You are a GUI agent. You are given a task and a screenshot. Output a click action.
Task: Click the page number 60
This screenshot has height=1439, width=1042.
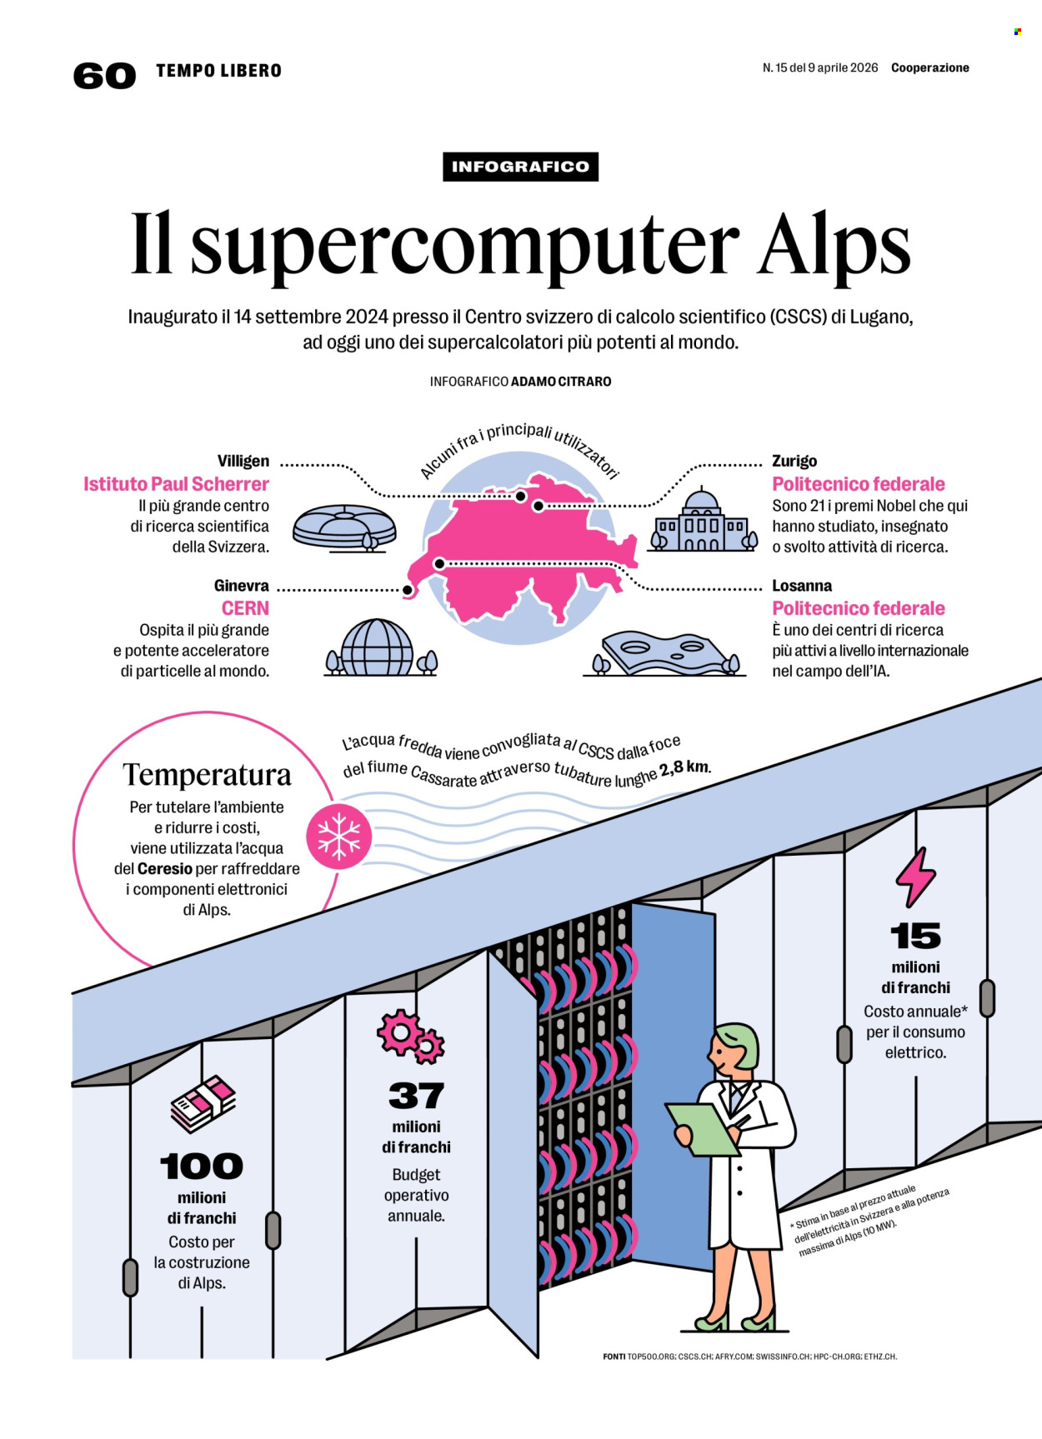click(x=104, y=76)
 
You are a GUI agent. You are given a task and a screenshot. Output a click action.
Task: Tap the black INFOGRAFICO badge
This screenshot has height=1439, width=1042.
click(x=520, y=167)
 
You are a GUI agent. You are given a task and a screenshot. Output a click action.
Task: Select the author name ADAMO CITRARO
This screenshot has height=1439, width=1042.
click(x=561, y=382)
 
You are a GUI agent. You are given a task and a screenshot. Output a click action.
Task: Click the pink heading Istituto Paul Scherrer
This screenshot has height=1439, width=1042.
click(x=176, y=484)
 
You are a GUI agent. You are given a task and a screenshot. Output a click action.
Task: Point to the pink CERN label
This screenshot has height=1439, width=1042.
click(x=245, y=608)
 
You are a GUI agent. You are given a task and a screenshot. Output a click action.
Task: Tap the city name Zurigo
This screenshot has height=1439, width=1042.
click(x=794, y=461)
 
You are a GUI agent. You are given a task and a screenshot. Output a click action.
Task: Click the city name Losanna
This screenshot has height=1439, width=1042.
click(x=802, y=586)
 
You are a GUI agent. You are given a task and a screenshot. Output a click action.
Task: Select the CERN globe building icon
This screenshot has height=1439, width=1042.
click(x=378, y=647)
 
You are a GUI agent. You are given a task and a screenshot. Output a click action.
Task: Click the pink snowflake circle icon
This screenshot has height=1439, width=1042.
click(x=338, y=837)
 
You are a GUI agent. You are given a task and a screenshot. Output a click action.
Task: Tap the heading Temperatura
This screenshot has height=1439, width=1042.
click(x=208, y=775)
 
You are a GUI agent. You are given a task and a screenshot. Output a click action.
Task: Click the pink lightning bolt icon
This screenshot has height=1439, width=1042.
click(x=915, y=877)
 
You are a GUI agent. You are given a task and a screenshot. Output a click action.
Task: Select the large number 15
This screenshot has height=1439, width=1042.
click(x=915, y=937)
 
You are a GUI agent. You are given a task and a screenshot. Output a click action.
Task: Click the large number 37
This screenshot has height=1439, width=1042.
click(x=416, y=1096)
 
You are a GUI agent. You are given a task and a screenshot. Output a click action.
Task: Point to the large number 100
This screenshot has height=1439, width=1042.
click(x=202, y=1167)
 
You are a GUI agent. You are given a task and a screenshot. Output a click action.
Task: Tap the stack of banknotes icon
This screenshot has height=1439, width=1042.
click(x=203, y=1103)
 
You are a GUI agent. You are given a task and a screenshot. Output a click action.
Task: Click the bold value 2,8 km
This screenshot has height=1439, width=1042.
click(x=684, y=767)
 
